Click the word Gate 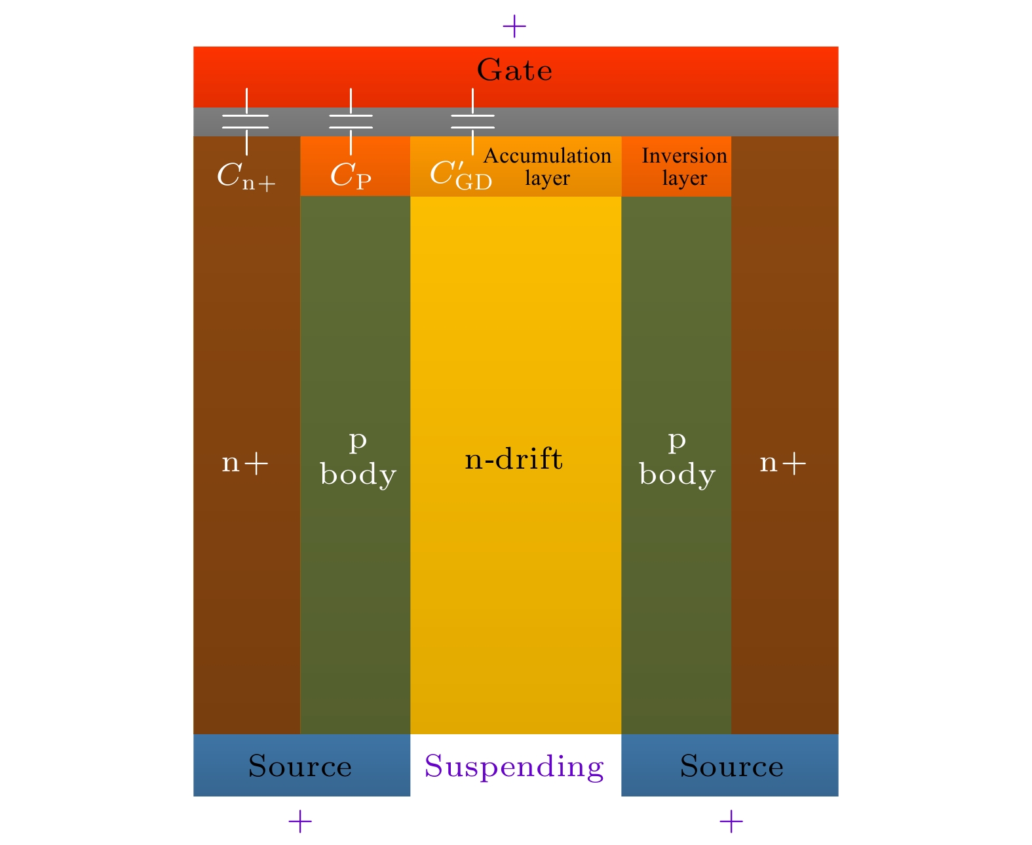pos(514,70)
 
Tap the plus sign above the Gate pos(514,27)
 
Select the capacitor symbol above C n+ pos(246,121)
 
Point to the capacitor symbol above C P pos(351,121)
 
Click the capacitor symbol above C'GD pos(472,121)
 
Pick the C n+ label pos(246,176)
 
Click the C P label pos(351,176)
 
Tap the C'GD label pos(461,175)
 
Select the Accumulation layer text pos(547,167)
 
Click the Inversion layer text pos(684,167)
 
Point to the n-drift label pos(514,459)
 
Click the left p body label pos(358,458)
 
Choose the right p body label pos(677,458)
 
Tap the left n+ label pos(245,463)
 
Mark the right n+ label pos(783,463)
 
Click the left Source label pos(300,766)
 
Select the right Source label pos(731,766)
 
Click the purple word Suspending pos(514,766)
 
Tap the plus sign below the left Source pos(300,821)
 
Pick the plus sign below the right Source pos(731,821)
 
